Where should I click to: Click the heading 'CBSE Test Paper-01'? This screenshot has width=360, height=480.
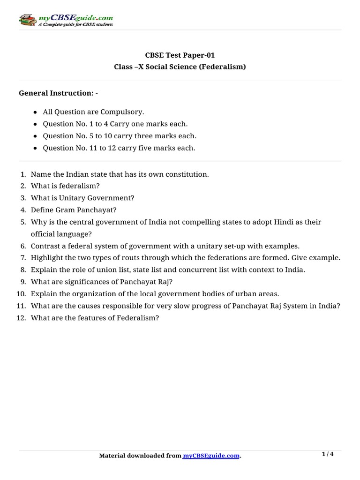pyautogui.click(x=180, y=55)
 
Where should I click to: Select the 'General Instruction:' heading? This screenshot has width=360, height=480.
pyautogui.click(x=56, y=93)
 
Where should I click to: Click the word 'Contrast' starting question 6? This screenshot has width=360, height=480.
pyautogui.click(x=45, y=246)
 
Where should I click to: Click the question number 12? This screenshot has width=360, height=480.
pyautogui.click(x=21, y=318)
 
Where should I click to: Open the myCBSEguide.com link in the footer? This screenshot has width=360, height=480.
pyautogui.click(x=211, y=456)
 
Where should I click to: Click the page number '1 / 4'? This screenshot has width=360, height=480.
pyautogui.click(x=328, y=454)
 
